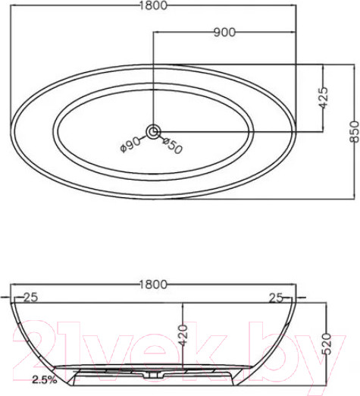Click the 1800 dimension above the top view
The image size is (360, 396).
coord(153,5)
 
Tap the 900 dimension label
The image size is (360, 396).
coord(224,33)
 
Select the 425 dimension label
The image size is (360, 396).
coord(323,98)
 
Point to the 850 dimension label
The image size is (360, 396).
coord(354,132)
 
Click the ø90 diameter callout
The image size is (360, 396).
coord(130,145)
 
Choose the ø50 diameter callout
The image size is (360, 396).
coord(172,146)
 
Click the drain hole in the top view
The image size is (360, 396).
coord(153,131)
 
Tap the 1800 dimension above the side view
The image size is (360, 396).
coord(153,284)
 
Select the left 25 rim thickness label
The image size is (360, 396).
coord(30,297)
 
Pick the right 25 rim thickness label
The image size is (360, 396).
coord(276,298)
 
